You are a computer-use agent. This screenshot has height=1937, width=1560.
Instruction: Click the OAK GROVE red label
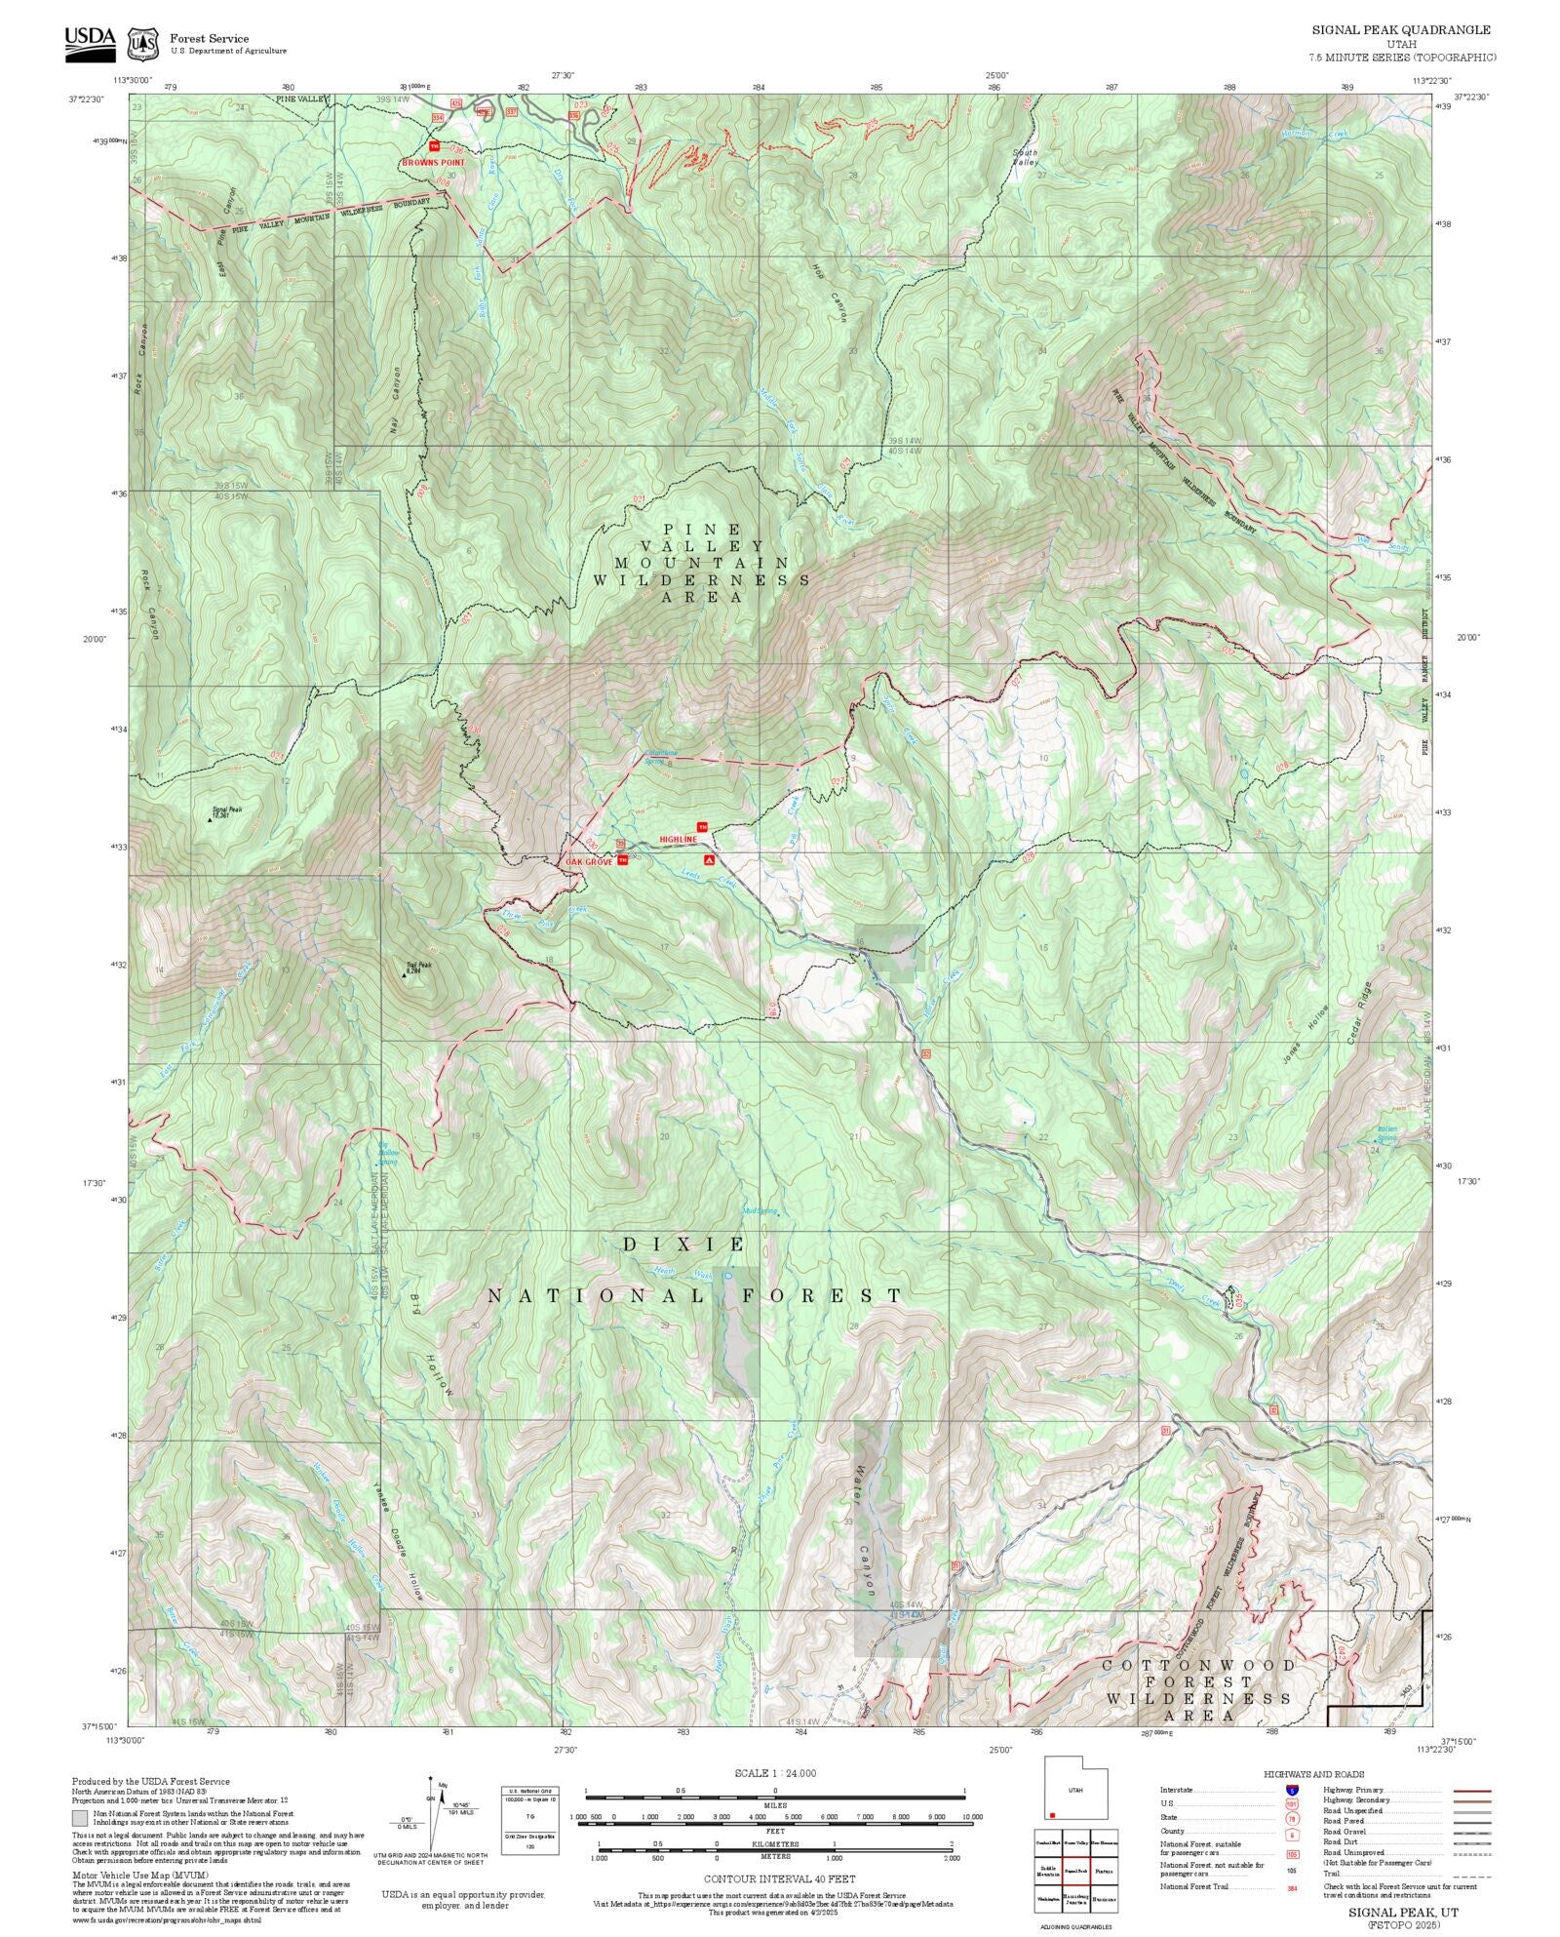click(x=589, y=862)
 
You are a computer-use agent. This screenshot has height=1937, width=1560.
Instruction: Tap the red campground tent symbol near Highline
click(x=710, y=860)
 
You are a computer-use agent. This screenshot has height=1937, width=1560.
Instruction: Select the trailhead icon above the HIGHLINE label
click(x=701, y=827)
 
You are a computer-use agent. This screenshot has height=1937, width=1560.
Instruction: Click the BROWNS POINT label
click(x=433, y=163)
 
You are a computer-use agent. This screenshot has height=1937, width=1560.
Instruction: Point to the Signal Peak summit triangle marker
click(x=209, y=820)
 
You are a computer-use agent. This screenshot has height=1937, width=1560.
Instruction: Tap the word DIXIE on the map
click(x=684, y=1245)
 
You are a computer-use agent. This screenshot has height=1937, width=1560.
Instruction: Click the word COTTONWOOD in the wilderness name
click(x=1198, y=1665)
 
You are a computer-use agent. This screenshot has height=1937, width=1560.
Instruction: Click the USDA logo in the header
click(x=90, y=43)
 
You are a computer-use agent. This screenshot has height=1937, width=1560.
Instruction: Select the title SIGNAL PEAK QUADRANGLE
click(x=1400, y=30)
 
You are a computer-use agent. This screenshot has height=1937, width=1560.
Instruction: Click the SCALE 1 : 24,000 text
click(x=775, y=1773)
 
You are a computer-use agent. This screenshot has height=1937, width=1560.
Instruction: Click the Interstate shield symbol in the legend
click(x=1292, y=1791)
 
